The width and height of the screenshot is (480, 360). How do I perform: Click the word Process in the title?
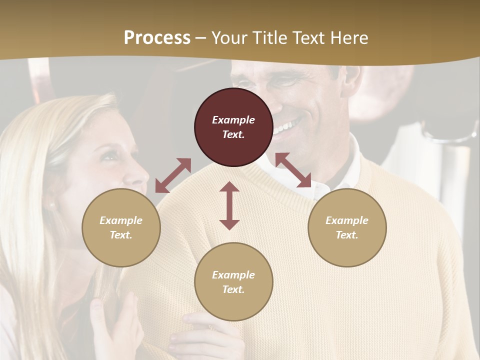[x=157, y=38]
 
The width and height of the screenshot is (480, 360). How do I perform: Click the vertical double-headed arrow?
[x=229, y=205]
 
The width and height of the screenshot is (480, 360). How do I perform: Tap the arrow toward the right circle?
[x=293, y=170]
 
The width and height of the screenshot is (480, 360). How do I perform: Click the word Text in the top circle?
[x=233, y=134]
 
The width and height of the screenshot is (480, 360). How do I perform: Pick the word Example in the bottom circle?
[x=233, y=275]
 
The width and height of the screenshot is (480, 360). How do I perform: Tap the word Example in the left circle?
[x=121, y=220]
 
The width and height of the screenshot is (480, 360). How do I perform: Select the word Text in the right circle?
[x=347, y=235]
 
